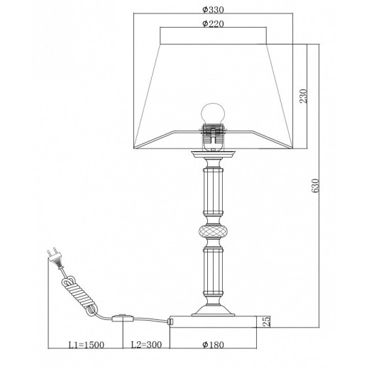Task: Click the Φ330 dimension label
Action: (x=213, y=10)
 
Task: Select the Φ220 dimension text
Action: (x=213, y=23)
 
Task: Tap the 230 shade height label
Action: (x=303, y=96)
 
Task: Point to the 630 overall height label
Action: (x=316, y=185)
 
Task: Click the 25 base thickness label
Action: (x=266, y=321)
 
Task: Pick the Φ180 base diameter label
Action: (x=213, y=345)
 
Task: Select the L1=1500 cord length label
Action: (x=86, y=345)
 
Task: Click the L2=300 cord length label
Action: (x=146, y=345)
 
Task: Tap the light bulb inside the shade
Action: (x=213, y=114)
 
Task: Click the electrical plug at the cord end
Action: (x=55, y=257)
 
